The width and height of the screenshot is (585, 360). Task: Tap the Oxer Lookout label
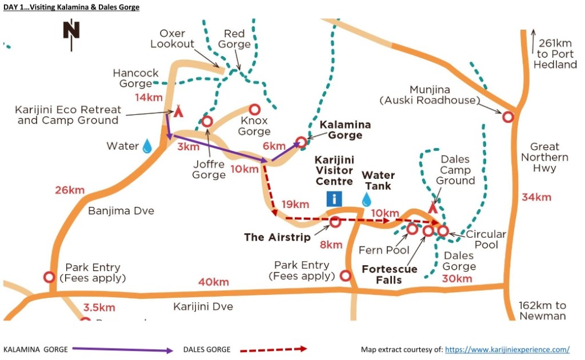click(173, 38)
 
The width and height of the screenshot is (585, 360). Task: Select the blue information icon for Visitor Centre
click(334, 199)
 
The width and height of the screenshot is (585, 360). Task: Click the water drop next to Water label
click(147, 146)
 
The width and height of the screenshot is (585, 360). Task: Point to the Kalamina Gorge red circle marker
click(301, 142)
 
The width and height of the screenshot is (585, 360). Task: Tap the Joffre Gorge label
click(209, 170)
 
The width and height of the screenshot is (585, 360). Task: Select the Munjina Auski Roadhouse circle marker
click(508, 117)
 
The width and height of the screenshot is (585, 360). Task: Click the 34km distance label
click(536, 197)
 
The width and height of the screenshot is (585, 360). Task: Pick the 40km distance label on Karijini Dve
click(213, 282)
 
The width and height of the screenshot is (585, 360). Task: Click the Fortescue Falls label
click(390, 274)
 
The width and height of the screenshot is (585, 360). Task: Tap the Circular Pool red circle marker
click(443, 231)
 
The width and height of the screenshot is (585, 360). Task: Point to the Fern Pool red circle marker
click(412, 229)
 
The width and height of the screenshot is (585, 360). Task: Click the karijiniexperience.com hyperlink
click(507, 349)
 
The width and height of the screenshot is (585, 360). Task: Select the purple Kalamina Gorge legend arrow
click(125, 349)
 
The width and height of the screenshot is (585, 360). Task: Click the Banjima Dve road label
click(121, 211)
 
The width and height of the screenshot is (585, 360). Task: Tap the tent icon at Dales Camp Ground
click(432, 209)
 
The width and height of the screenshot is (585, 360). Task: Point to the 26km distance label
click(69, 190)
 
